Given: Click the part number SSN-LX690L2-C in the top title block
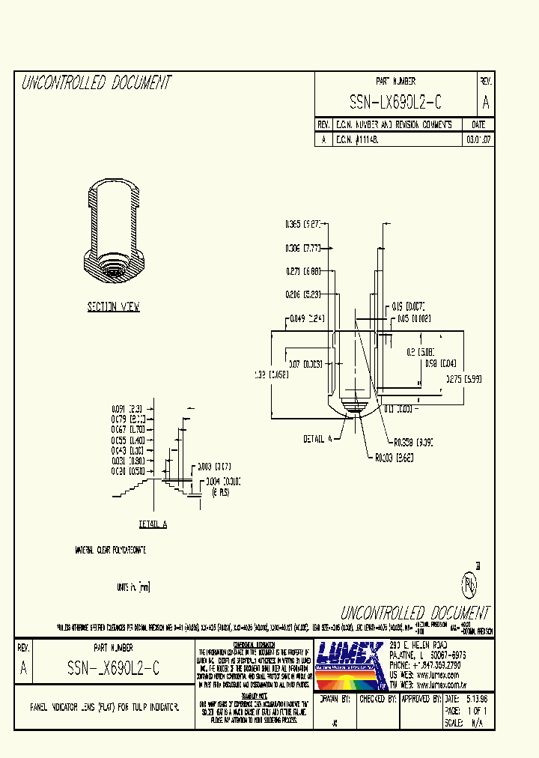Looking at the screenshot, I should (395, 103).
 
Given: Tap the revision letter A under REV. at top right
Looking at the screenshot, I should (486, 103).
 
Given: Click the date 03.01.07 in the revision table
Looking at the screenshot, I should (478, 140).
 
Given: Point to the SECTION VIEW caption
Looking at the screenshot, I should (113, 307).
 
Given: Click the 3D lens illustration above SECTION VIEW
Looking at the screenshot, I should (113, 233).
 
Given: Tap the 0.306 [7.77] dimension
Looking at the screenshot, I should (302, 248).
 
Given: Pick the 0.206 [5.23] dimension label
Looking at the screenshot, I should (302, 294).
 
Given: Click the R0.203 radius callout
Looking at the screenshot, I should (394, 456).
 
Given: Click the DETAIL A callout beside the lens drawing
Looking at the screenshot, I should (317, 439).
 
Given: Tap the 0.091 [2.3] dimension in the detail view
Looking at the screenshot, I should (127, 408).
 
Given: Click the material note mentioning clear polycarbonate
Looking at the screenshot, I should (110, 551).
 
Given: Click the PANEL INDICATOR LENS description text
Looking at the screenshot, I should (104, 706).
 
